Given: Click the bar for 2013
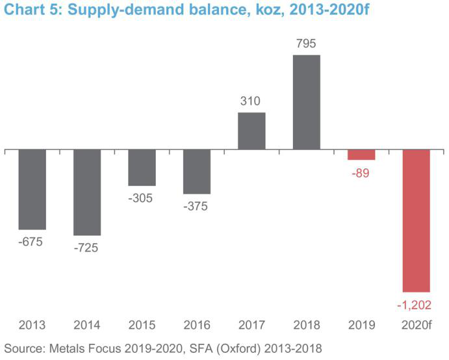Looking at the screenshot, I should [32, 189].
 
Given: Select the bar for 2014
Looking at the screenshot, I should [87, 192].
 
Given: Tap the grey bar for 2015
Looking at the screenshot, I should [142, 168].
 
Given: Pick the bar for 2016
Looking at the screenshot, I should [197, 172].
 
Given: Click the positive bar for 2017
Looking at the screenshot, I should [251, 131].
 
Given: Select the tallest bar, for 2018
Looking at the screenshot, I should [307, 103].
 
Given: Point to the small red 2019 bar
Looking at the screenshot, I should [361, 155].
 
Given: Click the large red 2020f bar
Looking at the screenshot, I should [417, 221].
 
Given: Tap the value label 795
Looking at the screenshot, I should [307, 44].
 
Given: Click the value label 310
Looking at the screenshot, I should [251, 101].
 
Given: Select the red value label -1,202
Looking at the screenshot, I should [417, 304].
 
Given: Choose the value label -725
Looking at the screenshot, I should [87, 248].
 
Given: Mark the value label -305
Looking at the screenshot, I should [142, 198].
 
